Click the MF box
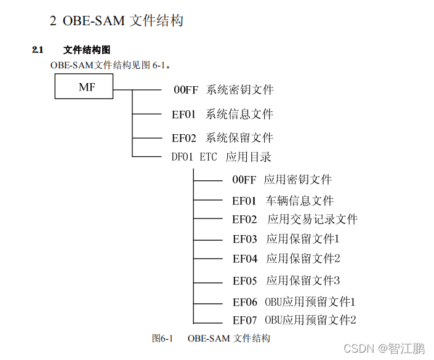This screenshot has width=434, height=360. click(x=84, y=87)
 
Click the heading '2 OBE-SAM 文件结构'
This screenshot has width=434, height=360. click(x=116, y=21)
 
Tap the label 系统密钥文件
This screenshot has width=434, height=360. click(x=239, y=90)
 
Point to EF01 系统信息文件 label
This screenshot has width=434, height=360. click(x=222, y=114)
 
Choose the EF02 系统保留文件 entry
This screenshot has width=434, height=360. click(x=222, y=138)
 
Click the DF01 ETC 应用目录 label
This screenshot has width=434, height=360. click(x=221, y=157)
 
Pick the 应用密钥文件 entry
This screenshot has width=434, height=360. click(x=297, y=180)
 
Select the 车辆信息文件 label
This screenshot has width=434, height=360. click(x=299, y=201)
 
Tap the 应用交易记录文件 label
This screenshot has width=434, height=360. click(x=312, y=219)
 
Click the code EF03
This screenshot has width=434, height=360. click(x=244, y=239)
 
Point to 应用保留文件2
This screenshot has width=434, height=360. click(x=303, y=258)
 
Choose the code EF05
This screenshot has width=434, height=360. click(x=244, y=281)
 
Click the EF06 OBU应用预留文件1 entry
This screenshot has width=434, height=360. click(x=294, y=302)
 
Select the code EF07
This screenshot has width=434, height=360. click(x=244, y=320)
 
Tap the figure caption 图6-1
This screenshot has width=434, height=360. click(x=164, y=338)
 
